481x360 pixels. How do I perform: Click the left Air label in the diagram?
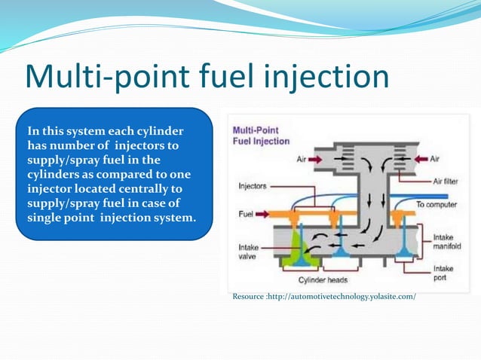point(300,160)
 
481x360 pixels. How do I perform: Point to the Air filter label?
point(449,182)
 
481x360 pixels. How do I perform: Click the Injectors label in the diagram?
point(253,185)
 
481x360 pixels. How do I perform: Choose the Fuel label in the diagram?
point(245,214)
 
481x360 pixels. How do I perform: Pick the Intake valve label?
point(249,251)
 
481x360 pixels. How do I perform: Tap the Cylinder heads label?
point(322,281)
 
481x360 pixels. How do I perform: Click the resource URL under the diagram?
point(324,297)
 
